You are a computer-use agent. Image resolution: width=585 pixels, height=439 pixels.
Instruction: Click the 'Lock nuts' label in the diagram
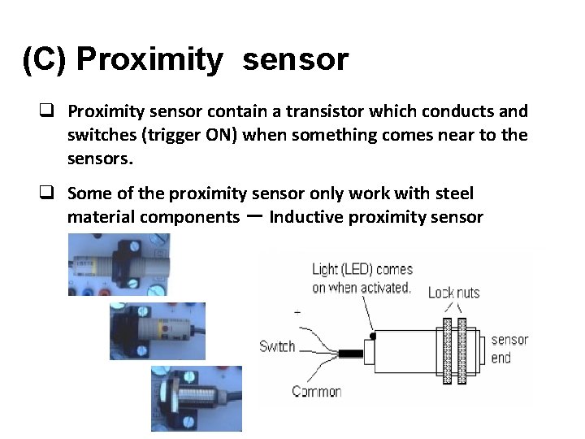tap(453, 291)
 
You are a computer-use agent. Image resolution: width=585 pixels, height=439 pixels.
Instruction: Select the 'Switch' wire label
tap(277, 346)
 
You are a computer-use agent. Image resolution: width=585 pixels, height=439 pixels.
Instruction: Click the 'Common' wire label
tap(316, 391)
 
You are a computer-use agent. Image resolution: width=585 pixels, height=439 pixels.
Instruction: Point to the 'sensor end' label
tap(509, 348)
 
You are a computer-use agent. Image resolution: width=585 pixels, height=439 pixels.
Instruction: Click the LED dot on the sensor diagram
tap(372, 335)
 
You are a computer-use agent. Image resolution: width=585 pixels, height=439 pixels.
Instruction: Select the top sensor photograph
tap(119, 264)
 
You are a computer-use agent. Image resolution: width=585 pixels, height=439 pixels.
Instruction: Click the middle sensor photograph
tap(158, 331)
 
